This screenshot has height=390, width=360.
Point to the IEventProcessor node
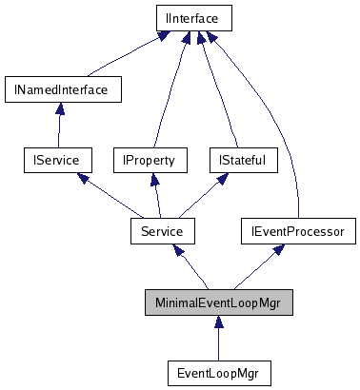(297, 230)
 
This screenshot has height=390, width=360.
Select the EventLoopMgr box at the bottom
(218, 371)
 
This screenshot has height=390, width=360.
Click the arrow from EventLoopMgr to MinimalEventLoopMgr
(218, 337)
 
